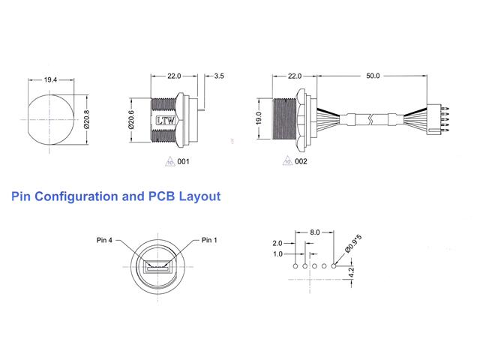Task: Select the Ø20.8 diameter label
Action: pos(88,119)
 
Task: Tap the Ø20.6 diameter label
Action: pos(131,119)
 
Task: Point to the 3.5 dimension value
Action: pos(219,76)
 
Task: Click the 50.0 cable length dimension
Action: pos(373,76)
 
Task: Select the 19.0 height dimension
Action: pos(258,119)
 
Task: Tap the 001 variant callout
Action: pos(182,161)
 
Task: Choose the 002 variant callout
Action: pos(301,161)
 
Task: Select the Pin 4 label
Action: pos(104,240)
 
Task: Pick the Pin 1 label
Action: pos(210,240)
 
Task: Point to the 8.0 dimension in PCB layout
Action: pos(315,233)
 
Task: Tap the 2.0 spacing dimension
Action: pos(277,244)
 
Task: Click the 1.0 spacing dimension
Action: pos(277,254)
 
